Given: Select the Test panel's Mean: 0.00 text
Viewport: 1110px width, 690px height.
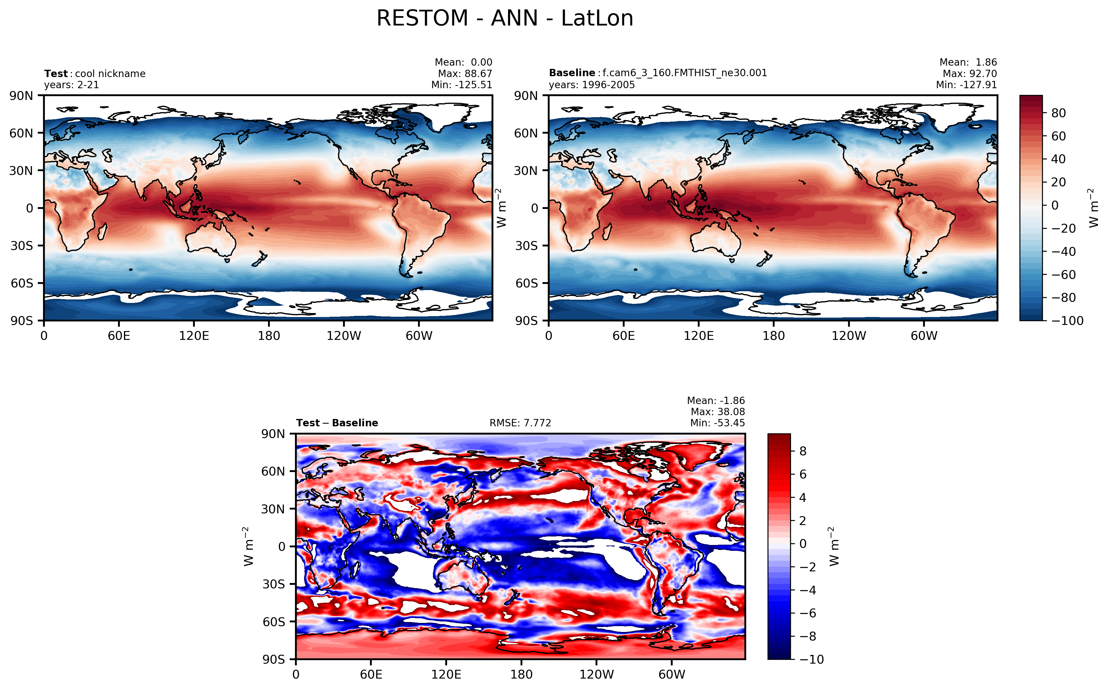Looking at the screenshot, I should (x=463, y=62).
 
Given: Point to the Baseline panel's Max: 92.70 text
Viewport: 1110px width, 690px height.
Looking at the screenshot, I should (x=969, y=74).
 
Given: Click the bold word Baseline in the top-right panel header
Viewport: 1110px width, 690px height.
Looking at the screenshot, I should (x=572, y=73).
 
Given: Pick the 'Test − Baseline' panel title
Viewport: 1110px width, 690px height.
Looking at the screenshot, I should (x=337, y=423).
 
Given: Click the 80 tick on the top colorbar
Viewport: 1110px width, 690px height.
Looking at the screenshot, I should (x=1058, y=113).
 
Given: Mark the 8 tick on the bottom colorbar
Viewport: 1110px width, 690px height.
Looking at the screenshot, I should (x=803, y=451).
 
